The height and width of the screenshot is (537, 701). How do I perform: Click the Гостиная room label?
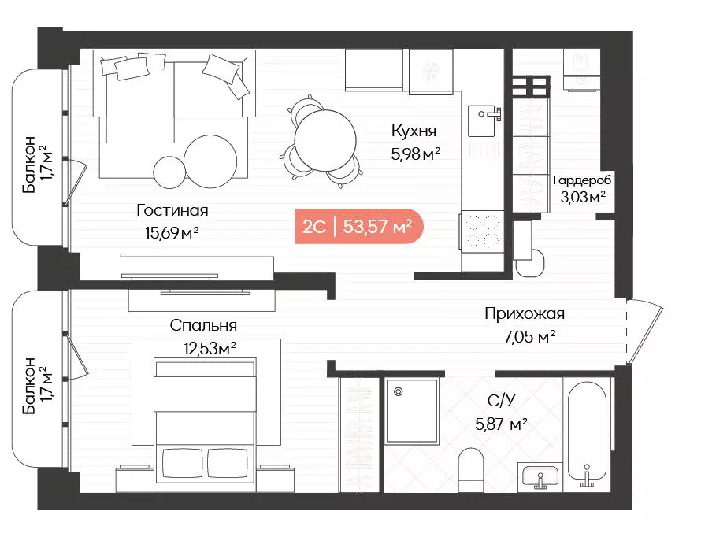coord(172,210)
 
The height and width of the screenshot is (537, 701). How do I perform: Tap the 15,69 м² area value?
coord(172,232)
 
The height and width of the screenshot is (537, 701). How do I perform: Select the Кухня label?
coord(414,131)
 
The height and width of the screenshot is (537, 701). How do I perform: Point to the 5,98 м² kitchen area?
coord(416,154)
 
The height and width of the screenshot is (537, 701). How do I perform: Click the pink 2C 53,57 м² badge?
coord(358,227)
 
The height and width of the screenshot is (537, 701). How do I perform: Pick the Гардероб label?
coord(582,180)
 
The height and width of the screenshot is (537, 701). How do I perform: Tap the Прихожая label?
coord(525,313)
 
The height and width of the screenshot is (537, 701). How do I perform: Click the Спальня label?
coord(203,325)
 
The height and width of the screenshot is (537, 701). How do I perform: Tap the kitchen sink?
coord(484,120)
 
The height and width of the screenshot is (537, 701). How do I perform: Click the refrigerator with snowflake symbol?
coord(431,71)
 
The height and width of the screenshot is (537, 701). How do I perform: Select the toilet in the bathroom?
coord(471,470)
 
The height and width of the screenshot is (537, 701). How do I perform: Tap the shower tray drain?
coord(398,392)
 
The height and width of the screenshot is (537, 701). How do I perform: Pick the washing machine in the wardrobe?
coord(581,70)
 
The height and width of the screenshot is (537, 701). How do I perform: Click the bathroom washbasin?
coord(540,476)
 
